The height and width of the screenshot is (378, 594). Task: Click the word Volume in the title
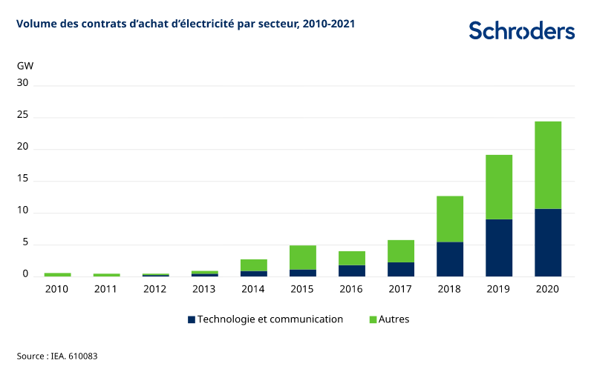click(x=32, y=24)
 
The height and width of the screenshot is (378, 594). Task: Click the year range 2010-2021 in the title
click(x=328, y=24)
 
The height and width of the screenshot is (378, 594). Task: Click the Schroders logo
click(x=521, y=30)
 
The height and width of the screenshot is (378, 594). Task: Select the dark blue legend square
click(x=192, y=319)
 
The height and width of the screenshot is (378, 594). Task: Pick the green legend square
click(x=373, y=319)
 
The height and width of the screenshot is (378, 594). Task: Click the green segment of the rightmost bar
click(x=548, y=165)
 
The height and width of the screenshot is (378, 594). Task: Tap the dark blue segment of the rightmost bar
click(x=548, y=242)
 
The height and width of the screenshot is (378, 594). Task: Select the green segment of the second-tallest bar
click(x=499, y=187)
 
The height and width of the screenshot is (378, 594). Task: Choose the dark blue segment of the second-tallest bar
click(x=499, y=248)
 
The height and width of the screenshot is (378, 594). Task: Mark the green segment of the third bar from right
click(x=450, y=219)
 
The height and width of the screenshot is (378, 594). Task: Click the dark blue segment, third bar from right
click(x=450, y=259)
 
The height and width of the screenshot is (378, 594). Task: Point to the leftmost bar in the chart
click(x=57, y=274)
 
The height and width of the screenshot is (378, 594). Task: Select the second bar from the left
click(x=106, y=275)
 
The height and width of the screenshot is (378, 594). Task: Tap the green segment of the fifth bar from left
click(x=253, y=265)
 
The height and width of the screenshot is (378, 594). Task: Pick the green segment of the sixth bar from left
click(x=302, y=257)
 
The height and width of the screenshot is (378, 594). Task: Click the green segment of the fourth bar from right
click(x=401, y=251)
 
